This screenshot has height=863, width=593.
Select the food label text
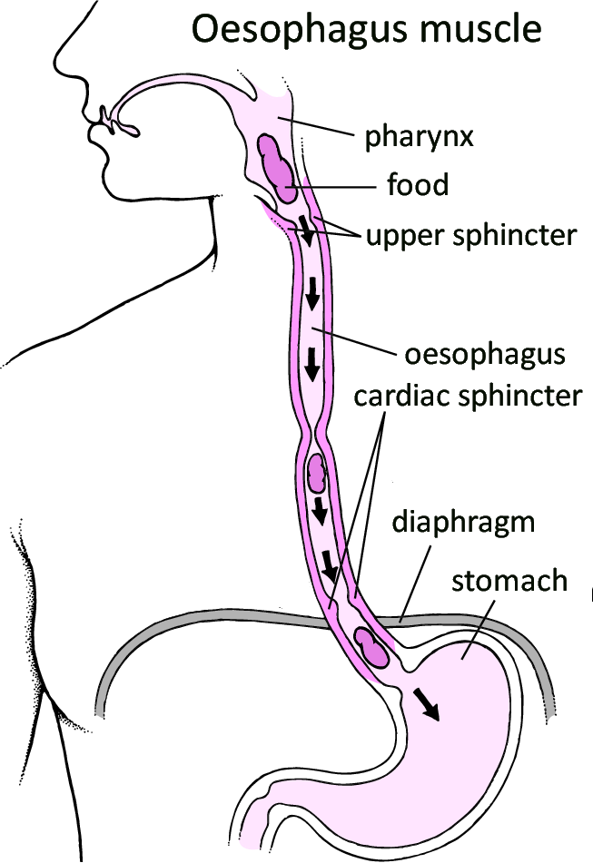417,186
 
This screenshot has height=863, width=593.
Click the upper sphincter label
470,236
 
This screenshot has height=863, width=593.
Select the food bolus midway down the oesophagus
316,471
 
